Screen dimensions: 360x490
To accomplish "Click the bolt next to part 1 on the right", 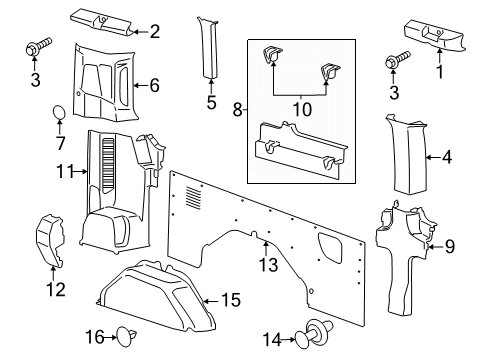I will tap(398, 61).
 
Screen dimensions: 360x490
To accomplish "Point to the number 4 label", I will tap(446, 157).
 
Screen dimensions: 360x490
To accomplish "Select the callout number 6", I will tap(154, 86).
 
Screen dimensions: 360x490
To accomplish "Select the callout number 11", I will tap(63, 172).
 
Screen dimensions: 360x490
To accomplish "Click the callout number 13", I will tap(267, 265).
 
